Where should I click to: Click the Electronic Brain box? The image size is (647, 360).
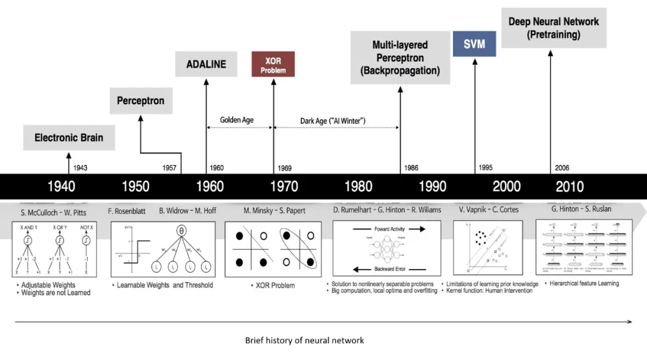[x=69, y=138]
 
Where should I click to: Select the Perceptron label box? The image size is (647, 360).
[x=141, y=101]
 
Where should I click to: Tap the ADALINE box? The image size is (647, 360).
[x=205, y=64]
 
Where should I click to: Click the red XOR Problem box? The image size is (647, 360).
[x=273, y=65]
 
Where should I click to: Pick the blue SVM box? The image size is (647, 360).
[x=474, y=44]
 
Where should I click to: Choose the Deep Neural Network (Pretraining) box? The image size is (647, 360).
[x=554, y=28]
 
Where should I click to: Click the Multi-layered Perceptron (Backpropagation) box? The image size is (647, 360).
[x=400, y=58]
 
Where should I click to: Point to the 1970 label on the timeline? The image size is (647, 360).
[x=284, y=186]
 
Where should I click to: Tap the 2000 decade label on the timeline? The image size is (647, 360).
[x=506, y=186]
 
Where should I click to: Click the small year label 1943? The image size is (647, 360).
[x=80, y=168]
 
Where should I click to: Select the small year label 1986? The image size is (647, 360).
[x=411, y=168]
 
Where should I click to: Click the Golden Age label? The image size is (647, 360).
[x=237, y=120]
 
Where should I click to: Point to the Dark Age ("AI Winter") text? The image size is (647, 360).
[x=332, y=121]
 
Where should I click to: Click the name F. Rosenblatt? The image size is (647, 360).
[x=127, y=210]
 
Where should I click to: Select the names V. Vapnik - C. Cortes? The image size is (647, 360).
[x=489, y=210]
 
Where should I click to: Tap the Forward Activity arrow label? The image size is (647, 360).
[x=389, y=229]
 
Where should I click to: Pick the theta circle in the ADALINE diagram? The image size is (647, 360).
[x=181, y=231]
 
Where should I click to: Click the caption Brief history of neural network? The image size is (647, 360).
[x=304, y=340]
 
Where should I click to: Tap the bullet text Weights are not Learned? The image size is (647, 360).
[x=56, y=293]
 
